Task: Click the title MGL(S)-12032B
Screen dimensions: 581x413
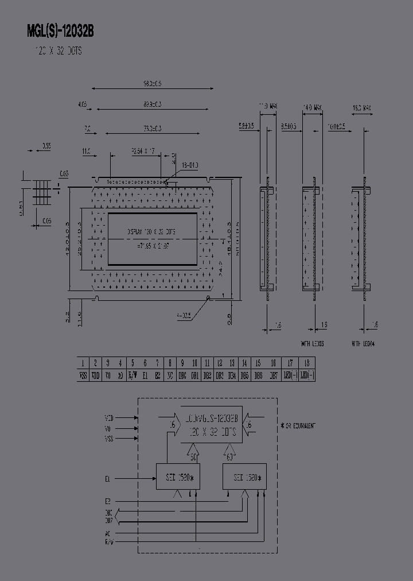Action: point(60,32)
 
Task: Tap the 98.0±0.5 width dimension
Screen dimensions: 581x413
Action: point(153,84)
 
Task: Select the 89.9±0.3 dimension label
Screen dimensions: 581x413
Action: point(153,104)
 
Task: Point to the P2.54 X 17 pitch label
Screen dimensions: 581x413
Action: point(143,151)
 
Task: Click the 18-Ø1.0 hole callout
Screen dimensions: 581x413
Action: point(190,165)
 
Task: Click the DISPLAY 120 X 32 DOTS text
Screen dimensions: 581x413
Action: point(151,233)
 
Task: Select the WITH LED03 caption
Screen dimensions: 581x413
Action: point(313,344)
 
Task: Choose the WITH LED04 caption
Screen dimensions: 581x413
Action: point(364,344)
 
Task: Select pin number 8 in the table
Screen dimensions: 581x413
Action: point(170,363)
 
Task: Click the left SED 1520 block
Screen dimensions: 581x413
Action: point(178,477)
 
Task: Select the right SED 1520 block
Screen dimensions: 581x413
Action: point(244,477)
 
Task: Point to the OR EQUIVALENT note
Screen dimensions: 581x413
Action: point(298,425)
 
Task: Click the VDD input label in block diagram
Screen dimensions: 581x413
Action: point(109,418)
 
